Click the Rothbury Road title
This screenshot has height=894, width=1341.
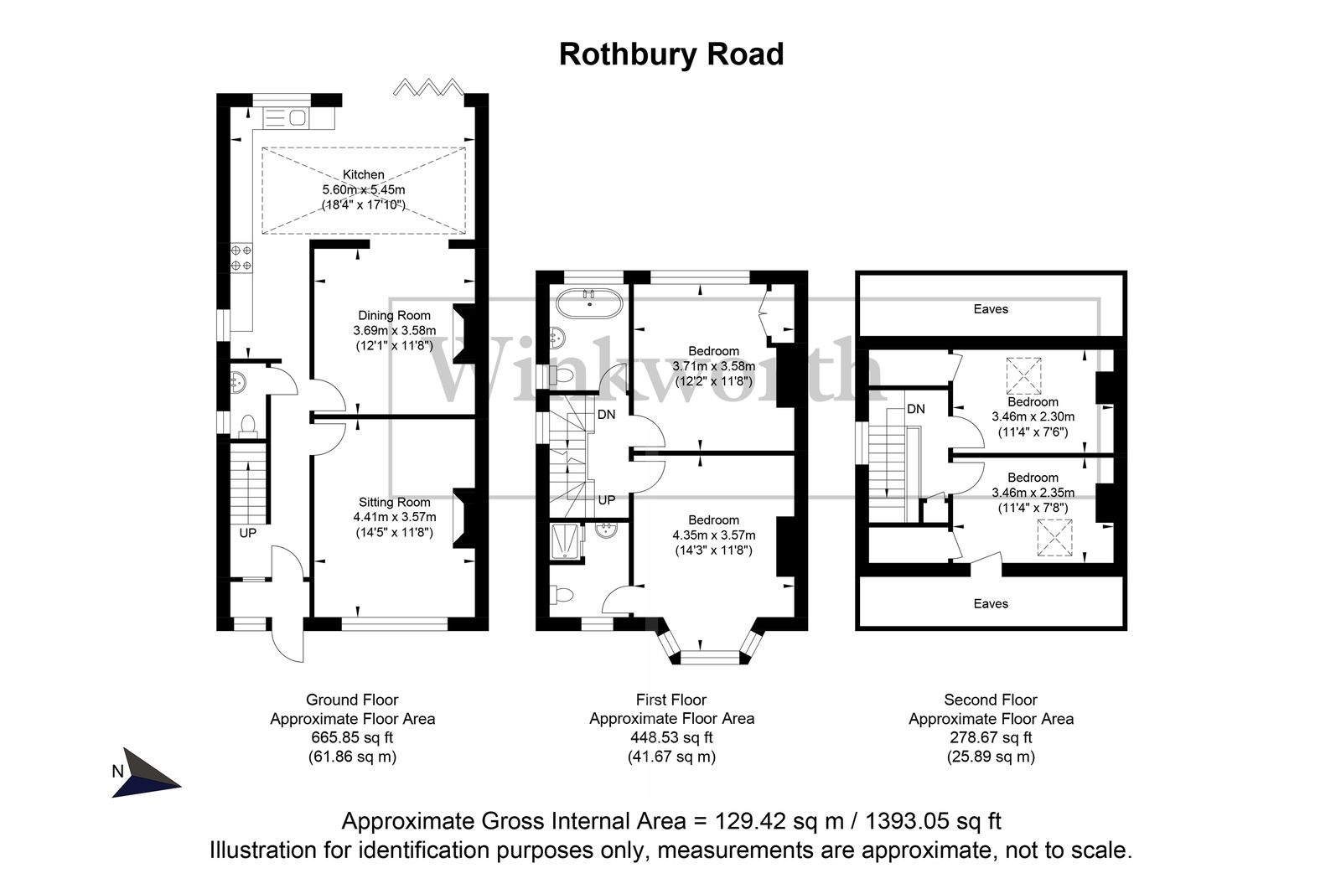click(670, 54)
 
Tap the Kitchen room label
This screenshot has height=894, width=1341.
click(363, 175)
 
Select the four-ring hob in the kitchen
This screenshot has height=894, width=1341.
click(241, 257)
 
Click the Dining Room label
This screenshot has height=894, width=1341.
click(392, 316)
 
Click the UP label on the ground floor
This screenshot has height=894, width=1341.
click(248, 533)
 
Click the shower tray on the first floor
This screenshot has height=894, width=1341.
click(567, 541)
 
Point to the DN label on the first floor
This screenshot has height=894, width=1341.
click(607, 414)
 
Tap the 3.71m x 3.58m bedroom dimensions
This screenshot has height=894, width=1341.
click(713, 366)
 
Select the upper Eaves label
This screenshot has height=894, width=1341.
click(991, 309)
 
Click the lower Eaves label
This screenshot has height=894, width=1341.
click(991, 603)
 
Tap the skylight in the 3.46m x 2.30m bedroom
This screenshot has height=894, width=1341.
click(1023, 375)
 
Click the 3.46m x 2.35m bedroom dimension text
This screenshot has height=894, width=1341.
click(1033, 493)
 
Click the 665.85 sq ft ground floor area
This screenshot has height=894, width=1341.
click(352, 738)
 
